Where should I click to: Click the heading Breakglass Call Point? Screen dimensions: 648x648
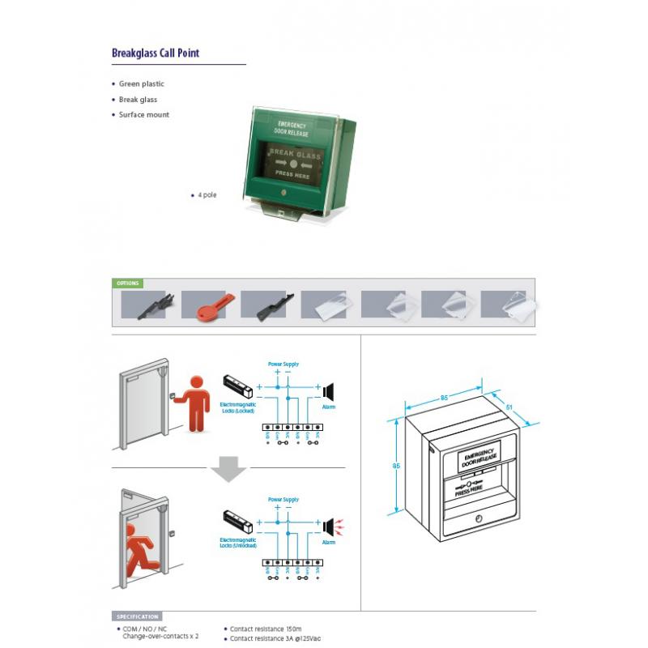155,53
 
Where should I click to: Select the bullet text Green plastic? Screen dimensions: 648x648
141,83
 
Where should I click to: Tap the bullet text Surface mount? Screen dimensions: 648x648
143,115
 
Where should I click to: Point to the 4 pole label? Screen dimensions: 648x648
207,195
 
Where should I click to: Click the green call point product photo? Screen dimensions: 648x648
301,162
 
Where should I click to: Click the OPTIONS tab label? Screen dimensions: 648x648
128,283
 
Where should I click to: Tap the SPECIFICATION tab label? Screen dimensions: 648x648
137,616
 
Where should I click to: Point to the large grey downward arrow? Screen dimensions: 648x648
228,469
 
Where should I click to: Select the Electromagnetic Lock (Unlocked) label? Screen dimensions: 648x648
237,542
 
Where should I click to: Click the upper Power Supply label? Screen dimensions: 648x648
283,364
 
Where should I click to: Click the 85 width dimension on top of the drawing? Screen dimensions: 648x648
446,398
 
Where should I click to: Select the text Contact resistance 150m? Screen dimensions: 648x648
266,629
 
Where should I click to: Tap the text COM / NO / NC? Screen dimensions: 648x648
145,629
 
